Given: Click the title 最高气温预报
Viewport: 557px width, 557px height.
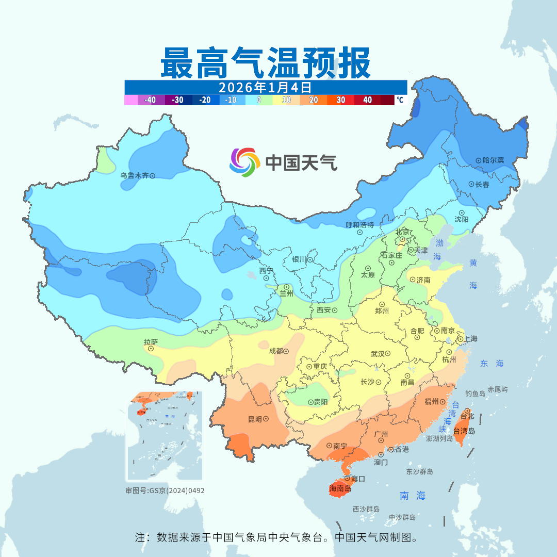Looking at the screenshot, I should [266, 63].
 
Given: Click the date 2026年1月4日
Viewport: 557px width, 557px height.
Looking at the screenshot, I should [265, 87].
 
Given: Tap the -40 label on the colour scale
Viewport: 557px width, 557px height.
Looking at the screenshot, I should [151, 100].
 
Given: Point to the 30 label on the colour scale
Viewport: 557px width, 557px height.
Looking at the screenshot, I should [341, 100].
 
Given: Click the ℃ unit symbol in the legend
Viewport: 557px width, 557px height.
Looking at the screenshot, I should [400, 100].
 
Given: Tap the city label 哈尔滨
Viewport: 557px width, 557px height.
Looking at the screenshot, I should [493, 160].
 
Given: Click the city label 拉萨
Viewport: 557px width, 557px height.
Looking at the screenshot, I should [151, 342].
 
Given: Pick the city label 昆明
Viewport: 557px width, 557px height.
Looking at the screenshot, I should [254, 419].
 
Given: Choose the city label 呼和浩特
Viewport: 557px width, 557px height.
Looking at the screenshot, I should [359, 225].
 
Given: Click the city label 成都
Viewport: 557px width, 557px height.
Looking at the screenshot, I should [276, 351].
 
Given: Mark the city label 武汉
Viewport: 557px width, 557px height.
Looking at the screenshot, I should [378, 354].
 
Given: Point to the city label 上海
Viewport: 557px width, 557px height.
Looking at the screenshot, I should [470, 339].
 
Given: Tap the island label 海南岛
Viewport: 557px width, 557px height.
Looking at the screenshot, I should [340, 488].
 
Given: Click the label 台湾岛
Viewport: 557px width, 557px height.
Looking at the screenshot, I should [464, 431].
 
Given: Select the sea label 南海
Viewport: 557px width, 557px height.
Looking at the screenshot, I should [413, 496].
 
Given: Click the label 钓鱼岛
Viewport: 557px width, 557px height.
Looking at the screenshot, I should [475, 394].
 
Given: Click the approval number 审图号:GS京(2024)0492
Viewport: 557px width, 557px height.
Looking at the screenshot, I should [165, 490].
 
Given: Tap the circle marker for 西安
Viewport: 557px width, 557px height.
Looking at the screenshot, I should [335, 310].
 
